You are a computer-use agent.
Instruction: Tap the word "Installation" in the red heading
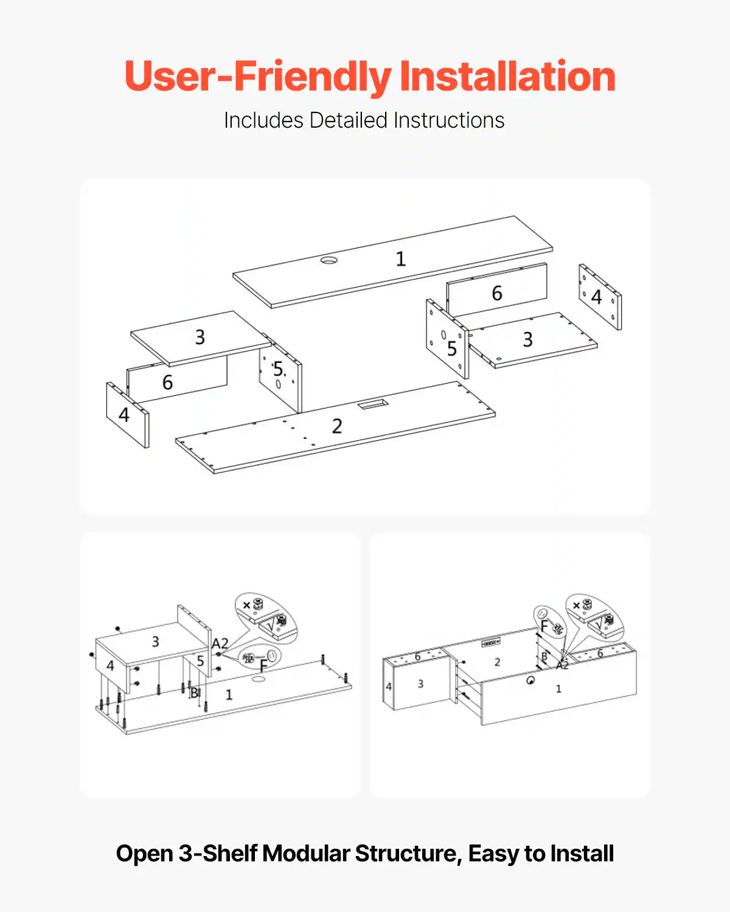tap(507, 77)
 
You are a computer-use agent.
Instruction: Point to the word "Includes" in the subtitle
tap(263, 120)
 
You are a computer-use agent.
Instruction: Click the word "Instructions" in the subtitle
tap(449, 120)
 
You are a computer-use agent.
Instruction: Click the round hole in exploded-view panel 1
tap(329, 260)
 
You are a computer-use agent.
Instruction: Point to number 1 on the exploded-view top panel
tap(400, 259)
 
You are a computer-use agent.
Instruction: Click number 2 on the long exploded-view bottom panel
tap(337, 426)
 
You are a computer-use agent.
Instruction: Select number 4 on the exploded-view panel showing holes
tap(596, 297)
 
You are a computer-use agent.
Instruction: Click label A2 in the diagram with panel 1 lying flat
tap(220, 643)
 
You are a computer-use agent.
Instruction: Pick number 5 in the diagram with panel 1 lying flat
tap(200, 661)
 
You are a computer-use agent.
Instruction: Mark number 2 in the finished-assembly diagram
tap(498, 662)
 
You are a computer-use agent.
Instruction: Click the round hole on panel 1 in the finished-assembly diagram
tap(530, 681)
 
